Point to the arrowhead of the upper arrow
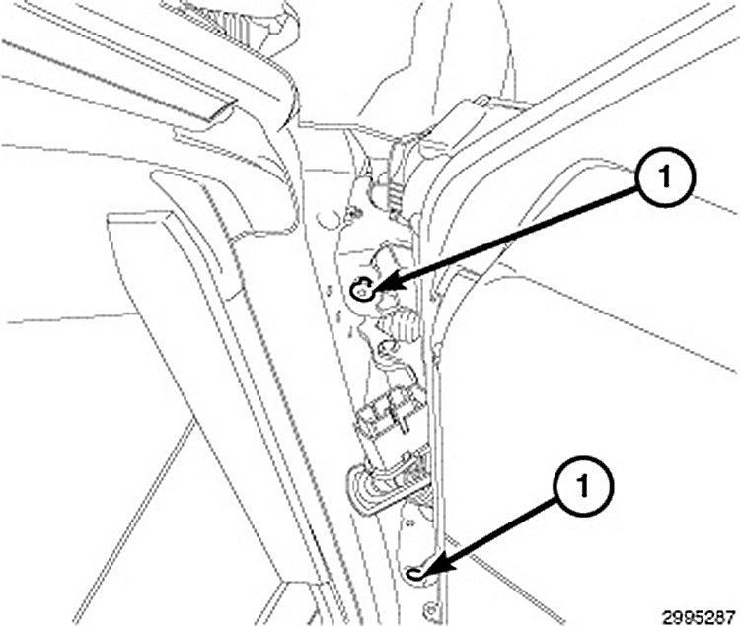pos(379,287)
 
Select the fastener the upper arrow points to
pos(363,289)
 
